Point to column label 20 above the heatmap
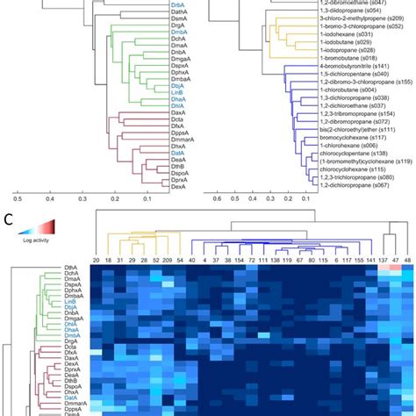(96, 261)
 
